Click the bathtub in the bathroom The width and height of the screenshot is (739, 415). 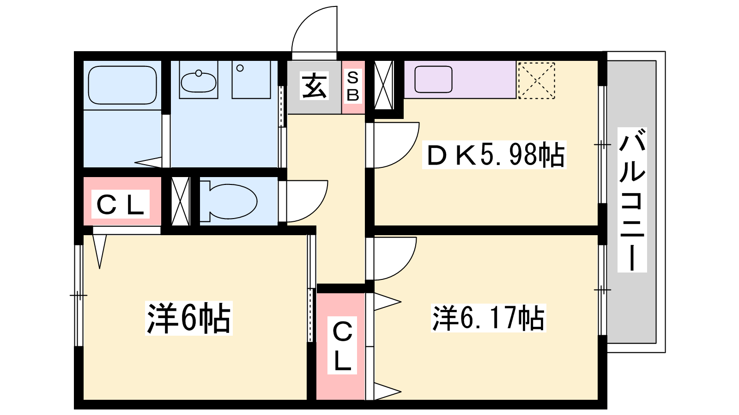pos(122,85)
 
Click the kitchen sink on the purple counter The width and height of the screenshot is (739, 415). pos(433,79)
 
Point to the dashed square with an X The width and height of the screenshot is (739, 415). pos(536,80)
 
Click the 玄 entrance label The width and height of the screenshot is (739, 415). pos(314,86)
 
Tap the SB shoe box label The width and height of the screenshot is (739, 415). pos(353,87)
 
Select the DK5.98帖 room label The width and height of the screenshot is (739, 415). pos(494,155)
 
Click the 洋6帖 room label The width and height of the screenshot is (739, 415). pos(189,318)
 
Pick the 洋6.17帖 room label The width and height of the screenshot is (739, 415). pos(488,318)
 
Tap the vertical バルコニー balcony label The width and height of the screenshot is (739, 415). pos(632,200)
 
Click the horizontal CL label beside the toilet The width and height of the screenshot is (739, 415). pos(121,204)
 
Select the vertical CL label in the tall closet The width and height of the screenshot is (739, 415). pos(342,345)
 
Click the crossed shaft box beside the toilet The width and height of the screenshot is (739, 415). pos(181,201)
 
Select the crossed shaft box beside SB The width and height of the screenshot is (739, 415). pos(384,85)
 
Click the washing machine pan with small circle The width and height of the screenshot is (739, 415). pos(251,80)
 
